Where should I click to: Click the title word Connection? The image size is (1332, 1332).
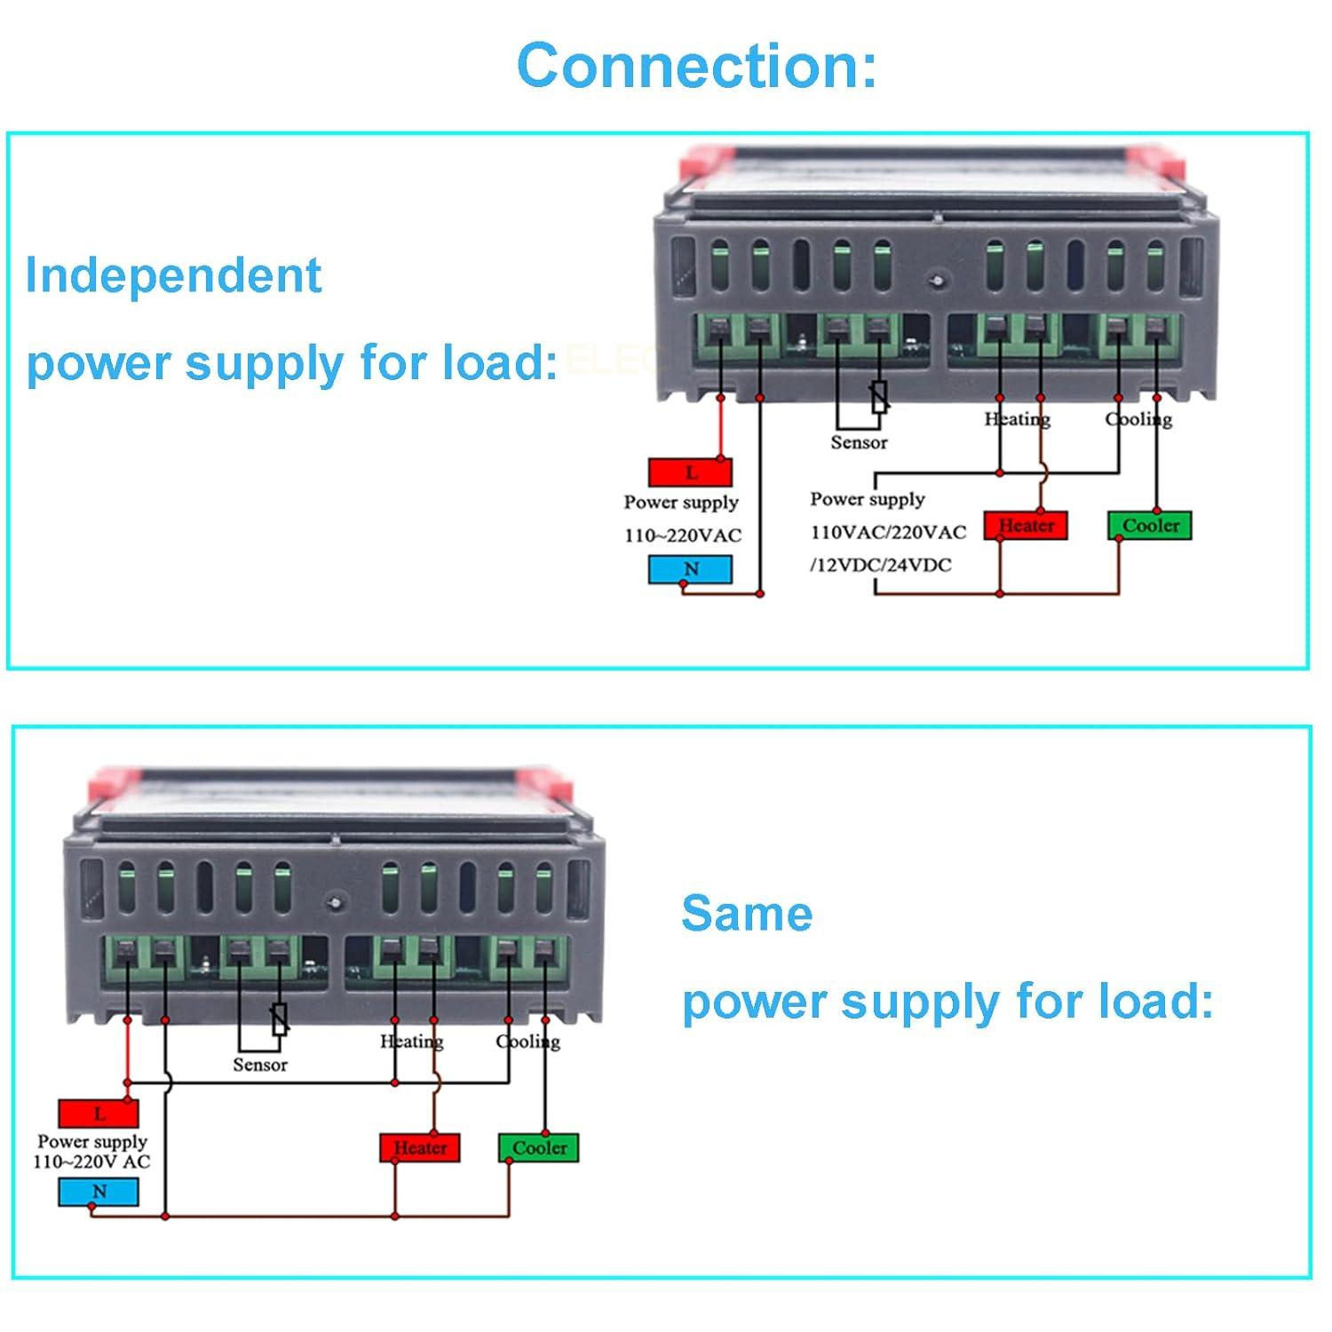696,66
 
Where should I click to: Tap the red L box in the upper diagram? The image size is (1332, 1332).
690,472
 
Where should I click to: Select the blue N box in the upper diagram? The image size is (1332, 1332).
690,568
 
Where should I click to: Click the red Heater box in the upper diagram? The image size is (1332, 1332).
1026,525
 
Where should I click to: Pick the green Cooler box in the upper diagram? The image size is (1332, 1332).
1150,525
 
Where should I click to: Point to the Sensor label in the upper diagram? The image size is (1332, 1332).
859,442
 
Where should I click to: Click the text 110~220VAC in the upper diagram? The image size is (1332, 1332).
682,535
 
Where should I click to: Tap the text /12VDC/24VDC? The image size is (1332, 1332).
880,565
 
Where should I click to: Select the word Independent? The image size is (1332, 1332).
173,275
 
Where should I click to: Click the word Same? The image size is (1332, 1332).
747,914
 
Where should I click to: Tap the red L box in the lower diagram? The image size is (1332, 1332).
99,1114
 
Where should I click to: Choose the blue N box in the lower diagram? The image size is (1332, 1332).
99,1192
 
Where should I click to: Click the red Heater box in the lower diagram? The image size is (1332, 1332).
420,1147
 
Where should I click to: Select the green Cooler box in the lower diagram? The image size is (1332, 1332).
539,1147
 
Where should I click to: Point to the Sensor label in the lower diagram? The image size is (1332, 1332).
260,1065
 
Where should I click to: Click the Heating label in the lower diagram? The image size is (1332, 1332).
412,1041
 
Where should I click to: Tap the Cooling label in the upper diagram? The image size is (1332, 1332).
1138,419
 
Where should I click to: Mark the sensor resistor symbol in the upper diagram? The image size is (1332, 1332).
879,397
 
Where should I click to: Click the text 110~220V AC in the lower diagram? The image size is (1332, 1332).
91,1162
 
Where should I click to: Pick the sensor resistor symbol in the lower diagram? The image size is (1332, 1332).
280,1019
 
